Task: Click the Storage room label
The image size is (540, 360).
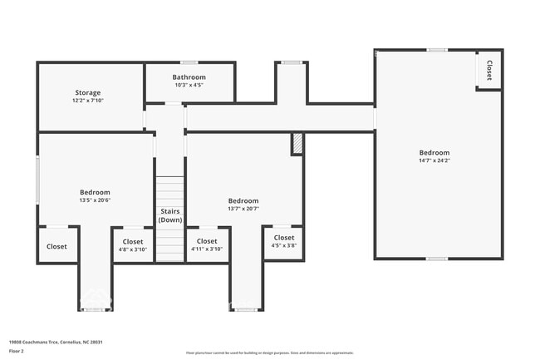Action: coord(88,92)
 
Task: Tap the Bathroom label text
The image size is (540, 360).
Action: coord(189,77)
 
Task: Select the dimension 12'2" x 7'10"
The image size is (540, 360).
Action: coord(88,100)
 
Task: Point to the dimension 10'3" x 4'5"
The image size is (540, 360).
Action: coord(189,85)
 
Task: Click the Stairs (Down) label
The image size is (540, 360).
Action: coord(170,215)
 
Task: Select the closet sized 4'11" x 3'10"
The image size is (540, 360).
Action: coord(207,244)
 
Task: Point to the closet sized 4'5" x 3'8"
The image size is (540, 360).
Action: coord(284,241)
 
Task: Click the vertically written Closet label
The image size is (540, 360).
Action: coord(489,70)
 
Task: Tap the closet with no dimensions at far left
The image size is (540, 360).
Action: coord(56,246)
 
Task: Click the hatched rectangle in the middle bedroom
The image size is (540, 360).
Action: coord(297,144)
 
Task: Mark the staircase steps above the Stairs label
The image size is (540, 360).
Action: coord(170,190)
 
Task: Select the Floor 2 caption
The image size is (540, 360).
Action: coord(17,352)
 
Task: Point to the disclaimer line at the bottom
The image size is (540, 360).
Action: coord(269,353)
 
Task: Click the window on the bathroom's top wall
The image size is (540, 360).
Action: coord(189,62)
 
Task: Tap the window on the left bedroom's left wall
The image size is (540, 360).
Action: coord(38,178)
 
